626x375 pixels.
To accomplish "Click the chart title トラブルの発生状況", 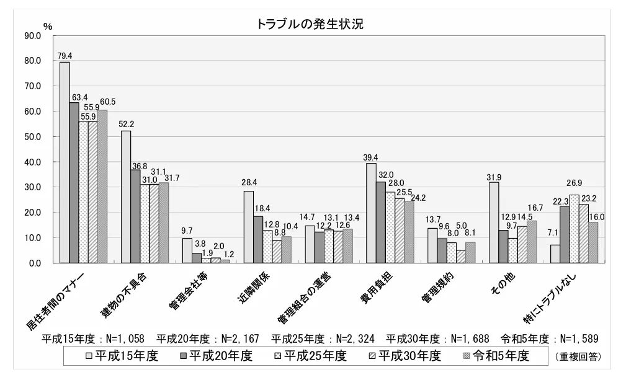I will tap(313, 24).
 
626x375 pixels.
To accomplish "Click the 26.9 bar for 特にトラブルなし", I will tap(575, 229).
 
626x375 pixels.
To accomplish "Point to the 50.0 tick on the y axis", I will tap(32, 137).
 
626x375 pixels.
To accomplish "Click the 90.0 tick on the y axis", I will tap(32, 36).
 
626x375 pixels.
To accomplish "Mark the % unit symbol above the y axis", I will tap(48, 26).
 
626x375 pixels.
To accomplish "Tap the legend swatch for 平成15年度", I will tap(89, 356).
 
